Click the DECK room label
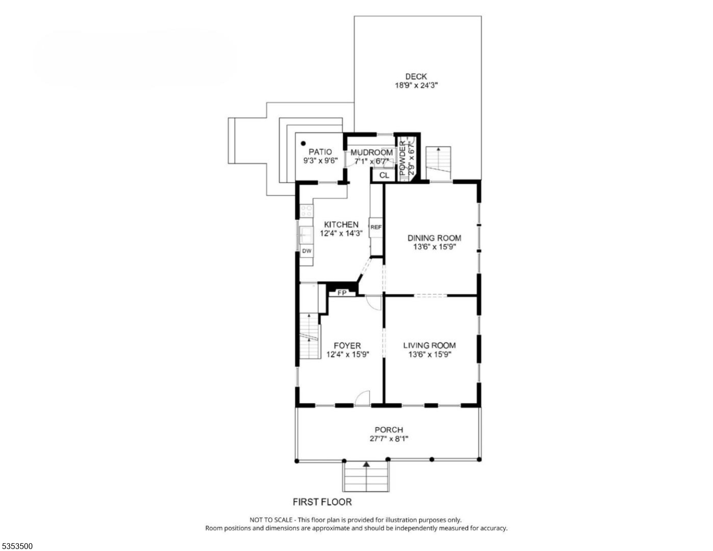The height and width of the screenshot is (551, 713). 416,76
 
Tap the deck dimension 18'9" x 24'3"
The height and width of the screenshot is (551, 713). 416,85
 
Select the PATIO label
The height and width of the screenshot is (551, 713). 320,152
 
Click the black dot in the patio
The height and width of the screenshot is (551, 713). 304,144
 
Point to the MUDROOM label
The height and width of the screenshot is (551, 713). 371,153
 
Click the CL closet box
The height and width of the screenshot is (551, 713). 384,175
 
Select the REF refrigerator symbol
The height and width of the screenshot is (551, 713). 376,227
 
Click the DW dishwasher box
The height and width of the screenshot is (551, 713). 307,251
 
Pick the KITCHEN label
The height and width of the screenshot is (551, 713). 341,225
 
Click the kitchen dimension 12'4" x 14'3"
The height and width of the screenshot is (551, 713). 341,234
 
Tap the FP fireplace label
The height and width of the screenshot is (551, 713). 342,293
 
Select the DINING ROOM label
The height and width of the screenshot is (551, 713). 434,238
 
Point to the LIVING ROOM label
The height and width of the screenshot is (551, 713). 429,345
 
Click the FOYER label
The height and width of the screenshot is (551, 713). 347,346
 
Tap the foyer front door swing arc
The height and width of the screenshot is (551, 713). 362,397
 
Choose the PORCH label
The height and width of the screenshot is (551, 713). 389,430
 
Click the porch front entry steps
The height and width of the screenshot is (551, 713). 366,478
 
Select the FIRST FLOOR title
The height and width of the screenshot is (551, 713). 322,502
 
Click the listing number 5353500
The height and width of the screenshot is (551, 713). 17,546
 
